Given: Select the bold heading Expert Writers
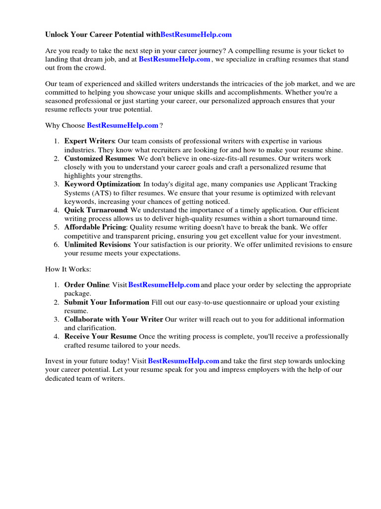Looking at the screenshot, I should tap(89, 142).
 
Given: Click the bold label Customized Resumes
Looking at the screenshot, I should tap(99, 159).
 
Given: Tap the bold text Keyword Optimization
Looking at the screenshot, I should tap(102, 184).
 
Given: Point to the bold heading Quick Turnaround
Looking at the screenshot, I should tap(96, 210).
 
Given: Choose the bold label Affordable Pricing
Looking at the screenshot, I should tap(95, 227).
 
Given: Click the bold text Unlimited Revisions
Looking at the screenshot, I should tap(97, 245).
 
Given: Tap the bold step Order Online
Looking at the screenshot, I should tap(86, 285).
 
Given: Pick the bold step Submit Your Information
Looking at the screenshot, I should tap(107, 302).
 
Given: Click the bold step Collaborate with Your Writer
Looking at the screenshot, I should tap(113, 319).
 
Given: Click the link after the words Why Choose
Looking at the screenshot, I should tap(123, 125).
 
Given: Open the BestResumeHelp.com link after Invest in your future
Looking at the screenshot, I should tap(184, 361).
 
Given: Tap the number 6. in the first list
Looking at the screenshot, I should tap(57, 245).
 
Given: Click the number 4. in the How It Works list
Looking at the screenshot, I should tap(57, 337).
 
